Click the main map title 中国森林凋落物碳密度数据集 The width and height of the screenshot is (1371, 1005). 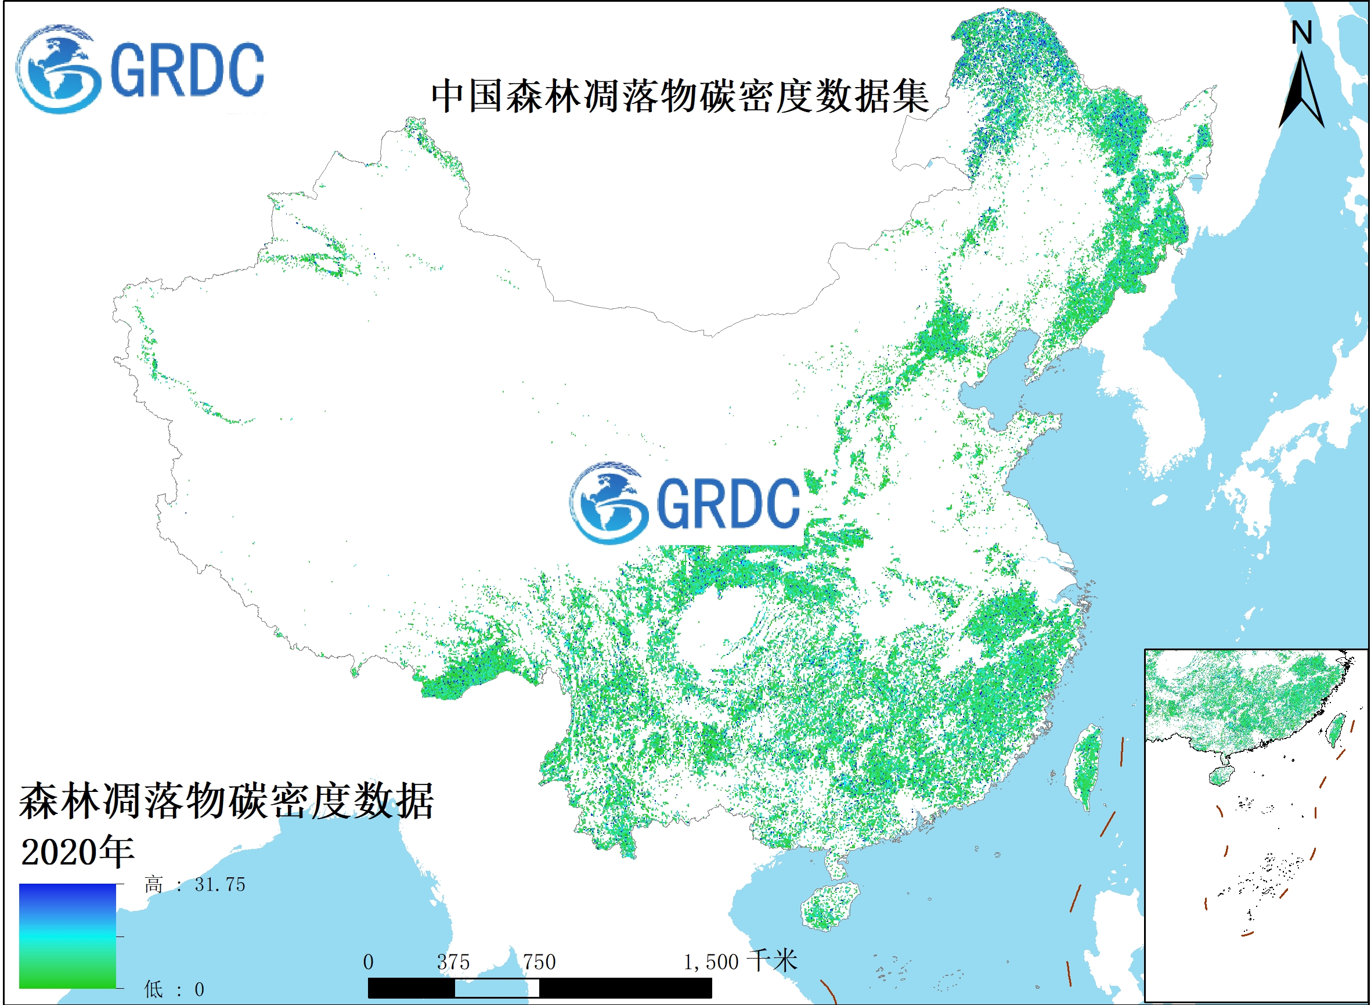(x=680, y=96)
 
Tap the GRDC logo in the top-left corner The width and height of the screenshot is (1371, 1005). (x=140, y=69)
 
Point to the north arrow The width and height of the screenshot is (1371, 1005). (x=1302, y=91)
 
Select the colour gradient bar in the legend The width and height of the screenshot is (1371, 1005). (x=67, y=936)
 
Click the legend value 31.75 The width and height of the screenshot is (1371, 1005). (x=219, y=885)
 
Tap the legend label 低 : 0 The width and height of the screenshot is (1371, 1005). (x=174, y=990)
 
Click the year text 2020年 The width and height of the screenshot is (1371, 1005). (x=77, y=852)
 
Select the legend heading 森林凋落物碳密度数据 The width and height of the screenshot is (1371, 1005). (x=226, y=802)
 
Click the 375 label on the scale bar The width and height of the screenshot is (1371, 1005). (x=453, y=963)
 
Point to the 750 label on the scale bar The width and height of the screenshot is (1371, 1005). (x=539, y=963)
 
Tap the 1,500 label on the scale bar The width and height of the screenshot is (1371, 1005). (x=710, y=963)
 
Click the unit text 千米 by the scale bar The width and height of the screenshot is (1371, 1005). (x=772, y=961)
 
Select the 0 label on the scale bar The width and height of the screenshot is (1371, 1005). (x=368, y=963)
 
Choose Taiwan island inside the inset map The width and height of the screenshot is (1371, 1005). (x=1336, y=729)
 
